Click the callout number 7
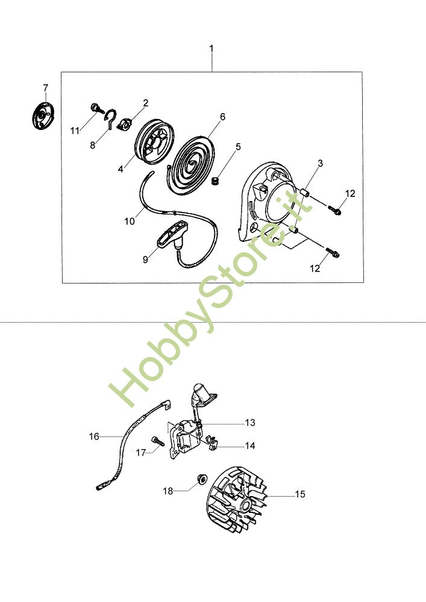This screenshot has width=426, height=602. tap(46, 88)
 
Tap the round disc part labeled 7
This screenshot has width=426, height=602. tap(43, 115)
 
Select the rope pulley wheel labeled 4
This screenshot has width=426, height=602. tap(155, 141)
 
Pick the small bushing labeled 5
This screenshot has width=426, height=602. tap(216, 180)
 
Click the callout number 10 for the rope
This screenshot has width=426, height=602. tap(130, 222)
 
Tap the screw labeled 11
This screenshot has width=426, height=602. tap(96, 108)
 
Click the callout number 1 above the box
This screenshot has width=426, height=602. tap(211, 49)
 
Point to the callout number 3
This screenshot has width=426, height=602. tap(321, 163)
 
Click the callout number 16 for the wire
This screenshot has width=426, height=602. tap(94, 436)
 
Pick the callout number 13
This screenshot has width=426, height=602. tap(250, 423)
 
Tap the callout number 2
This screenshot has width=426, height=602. tap(146, 103)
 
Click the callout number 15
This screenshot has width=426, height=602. tap(300, 494)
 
